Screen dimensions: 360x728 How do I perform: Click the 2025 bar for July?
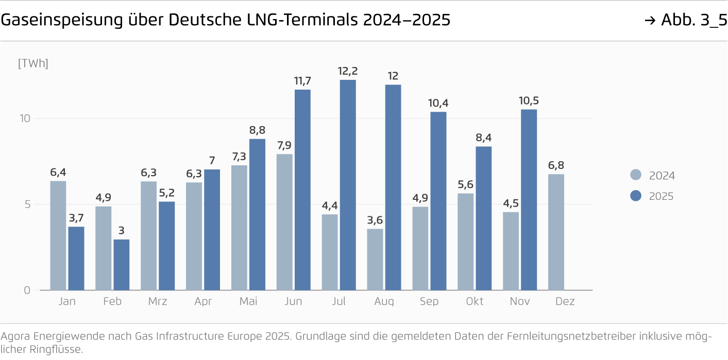348,185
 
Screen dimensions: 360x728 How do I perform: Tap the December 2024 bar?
556,232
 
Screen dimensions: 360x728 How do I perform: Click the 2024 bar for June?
284,222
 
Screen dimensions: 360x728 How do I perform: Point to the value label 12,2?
348,71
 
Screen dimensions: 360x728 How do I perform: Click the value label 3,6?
375,220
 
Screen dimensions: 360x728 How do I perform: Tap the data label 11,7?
302,81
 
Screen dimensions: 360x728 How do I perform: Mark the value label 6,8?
556,165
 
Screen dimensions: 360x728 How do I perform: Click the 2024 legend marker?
636,175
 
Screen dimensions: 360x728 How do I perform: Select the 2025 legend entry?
661,196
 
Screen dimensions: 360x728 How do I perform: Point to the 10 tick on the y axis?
25,118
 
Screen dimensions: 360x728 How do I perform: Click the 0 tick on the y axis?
27,290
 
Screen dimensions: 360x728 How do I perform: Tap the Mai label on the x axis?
248,301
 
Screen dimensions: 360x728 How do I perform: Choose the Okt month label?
475,301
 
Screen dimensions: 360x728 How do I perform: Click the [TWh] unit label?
33,64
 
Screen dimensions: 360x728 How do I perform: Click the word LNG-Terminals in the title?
303,20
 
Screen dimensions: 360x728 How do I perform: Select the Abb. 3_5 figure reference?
693,20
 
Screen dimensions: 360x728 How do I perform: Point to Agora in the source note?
15,337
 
